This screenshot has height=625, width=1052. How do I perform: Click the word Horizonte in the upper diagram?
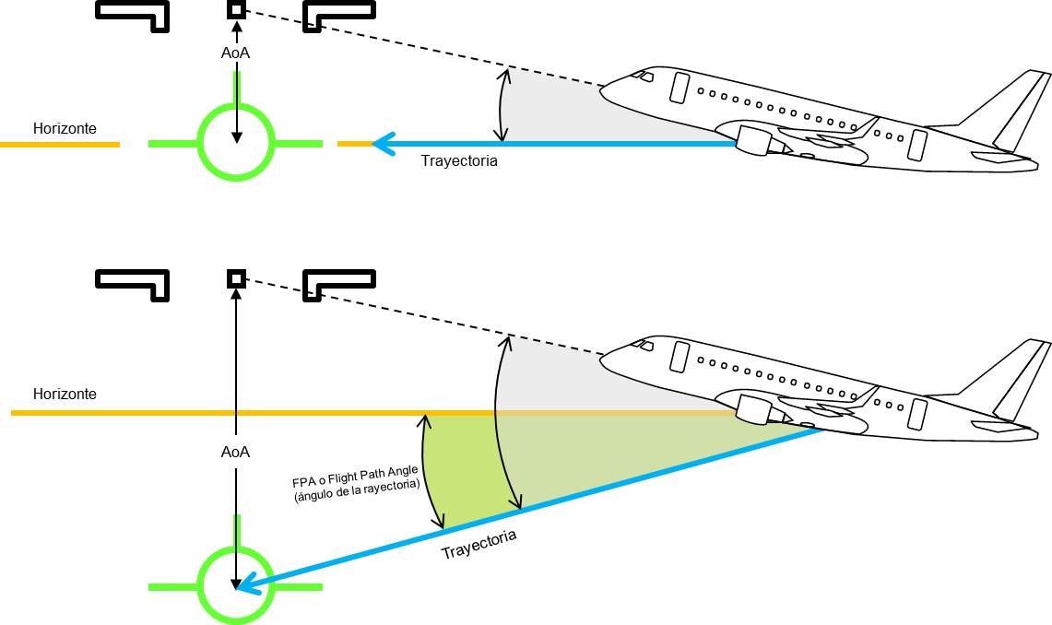tap(65, 129)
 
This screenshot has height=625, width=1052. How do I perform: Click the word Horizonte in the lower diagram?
tap(65, 394)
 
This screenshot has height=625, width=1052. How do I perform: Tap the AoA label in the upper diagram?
tap(235, 53)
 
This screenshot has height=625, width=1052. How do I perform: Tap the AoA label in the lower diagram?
tap(236, 453)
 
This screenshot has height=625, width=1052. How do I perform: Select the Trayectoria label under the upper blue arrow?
tap(459, 160)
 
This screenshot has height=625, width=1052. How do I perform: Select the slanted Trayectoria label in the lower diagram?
tap(479, 545)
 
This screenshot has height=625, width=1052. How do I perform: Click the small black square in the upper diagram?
tap(237, 10)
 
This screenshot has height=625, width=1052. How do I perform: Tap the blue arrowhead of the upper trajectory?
tap(384, 144)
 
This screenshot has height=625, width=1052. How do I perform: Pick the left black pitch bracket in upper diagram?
tap(135, 13)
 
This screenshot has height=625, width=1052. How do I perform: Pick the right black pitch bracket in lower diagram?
tap(339, 281)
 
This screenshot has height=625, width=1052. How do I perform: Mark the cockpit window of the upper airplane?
tap(645, 75)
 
